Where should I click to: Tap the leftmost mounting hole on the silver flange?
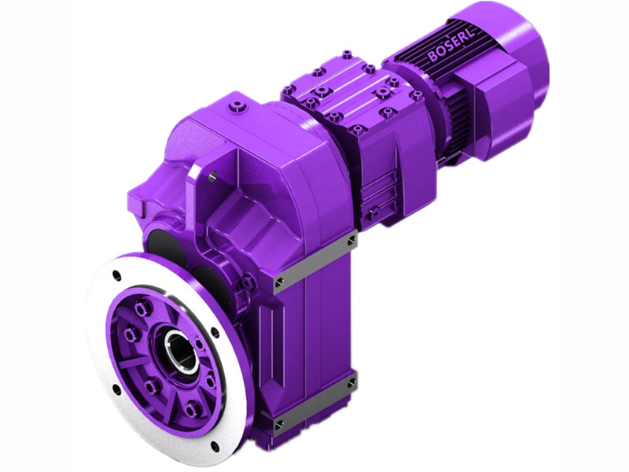116,389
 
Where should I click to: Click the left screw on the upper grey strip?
278,280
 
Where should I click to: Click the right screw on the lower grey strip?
351,384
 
